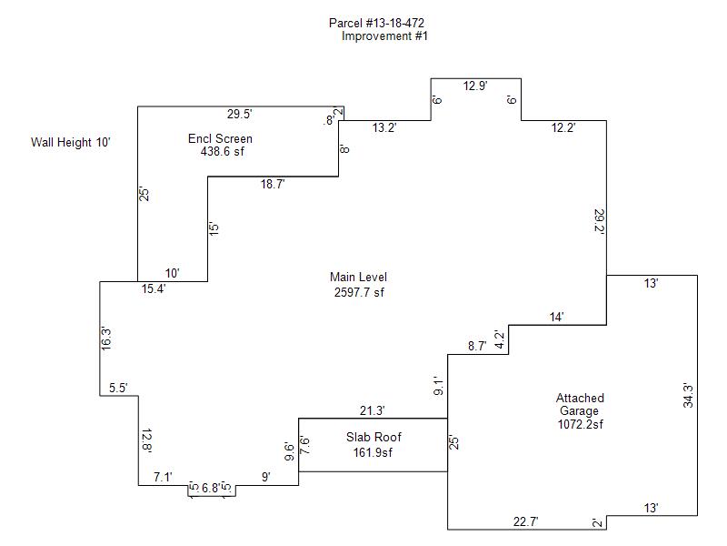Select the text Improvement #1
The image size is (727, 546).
click(384, 36)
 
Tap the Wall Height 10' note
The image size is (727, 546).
click(70, 142)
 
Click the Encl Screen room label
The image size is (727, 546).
click(220, 139)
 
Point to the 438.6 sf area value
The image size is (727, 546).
click(223, 152)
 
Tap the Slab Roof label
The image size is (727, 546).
click(373, 438)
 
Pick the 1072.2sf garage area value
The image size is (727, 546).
click(581, 424)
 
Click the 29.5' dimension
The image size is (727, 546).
click(239, 114)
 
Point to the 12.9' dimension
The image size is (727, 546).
click(475, 86)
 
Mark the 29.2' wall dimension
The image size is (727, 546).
click(599, 223)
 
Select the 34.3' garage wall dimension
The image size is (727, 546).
click(688, 396)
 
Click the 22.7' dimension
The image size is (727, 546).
click(524, 521)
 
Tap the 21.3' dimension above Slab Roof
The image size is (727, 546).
click(373, 410)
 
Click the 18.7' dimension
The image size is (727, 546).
click(273, 184)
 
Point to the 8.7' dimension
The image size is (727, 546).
click(477, 346)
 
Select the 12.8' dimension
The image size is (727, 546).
click(146, 442)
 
